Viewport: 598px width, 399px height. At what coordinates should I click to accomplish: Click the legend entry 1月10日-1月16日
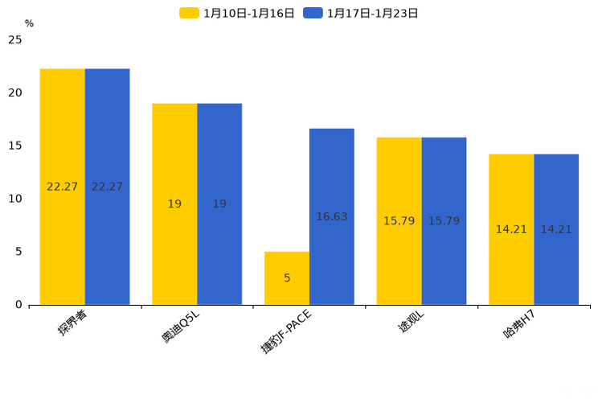(238, 13)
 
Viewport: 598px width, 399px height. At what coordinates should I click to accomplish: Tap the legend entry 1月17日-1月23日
(362, 13)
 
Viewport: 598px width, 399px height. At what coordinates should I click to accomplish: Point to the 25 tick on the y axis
(15, 40)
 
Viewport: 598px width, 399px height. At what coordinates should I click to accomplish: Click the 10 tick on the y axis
(15, 199)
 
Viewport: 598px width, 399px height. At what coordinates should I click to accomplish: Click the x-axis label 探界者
(72, 323)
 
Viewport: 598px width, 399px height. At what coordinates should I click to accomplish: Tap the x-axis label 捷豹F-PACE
(285, 331)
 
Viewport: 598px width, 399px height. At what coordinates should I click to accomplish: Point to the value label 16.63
(331, 217)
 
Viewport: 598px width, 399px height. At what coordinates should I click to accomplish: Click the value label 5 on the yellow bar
(287, 278)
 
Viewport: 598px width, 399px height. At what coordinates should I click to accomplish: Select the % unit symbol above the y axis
(29, 24)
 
